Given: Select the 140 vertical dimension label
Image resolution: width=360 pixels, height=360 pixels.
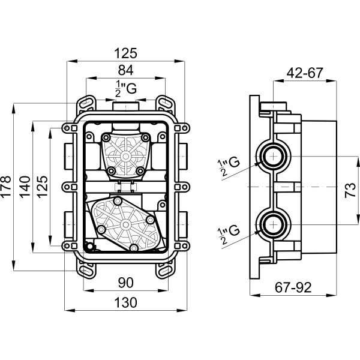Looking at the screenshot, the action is click(25, 187).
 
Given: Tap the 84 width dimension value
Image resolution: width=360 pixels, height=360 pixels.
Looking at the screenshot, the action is click(125, 70).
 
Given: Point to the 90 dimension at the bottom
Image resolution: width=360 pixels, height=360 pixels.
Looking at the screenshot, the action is click(126, 283).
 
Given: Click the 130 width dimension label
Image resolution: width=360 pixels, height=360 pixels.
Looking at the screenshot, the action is click(125, 302).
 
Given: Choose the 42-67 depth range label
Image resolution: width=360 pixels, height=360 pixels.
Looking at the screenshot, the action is click(305, 73).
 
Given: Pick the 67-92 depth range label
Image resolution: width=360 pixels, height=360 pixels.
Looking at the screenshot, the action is click(293, 287).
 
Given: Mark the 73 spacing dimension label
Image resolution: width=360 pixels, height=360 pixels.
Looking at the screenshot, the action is click(350, 190).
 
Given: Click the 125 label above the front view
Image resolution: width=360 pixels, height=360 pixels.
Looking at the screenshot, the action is click(125, 53).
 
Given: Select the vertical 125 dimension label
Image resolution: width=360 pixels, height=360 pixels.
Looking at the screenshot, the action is click(43, 187).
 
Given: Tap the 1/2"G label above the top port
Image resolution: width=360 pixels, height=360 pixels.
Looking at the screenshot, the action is click(126, 88).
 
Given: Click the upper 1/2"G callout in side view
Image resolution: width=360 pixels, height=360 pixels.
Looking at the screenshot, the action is click(228, 166).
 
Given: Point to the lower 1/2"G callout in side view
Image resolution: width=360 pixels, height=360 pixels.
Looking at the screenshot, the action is click(228, 234).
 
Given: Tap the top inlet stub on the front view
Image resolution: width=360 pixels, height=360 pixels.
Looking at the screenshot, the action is click(126, 107).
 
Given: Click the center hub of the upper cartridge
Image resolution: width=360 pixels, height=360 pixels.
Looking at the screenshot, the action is click(125, 157).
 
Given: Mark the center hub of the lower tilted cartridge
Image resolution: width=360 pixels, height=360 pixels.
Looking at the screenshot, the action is click(125, 225).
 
